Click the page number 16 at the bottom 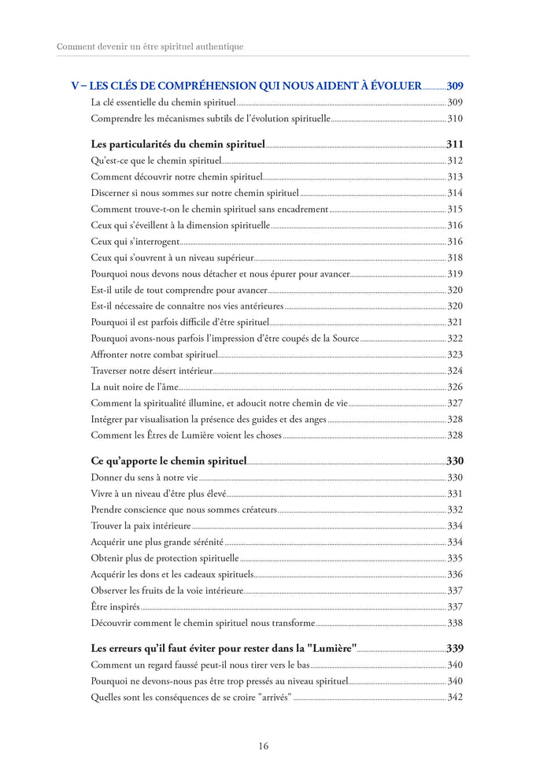point(263,746)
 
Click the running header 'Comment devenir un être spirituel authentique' point(150,46)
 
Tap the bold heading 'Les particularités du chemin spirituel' point(178,145)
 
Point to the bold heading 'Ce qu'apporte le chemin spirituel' point(168,461)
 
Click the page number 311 point(455,145)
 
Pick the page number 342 point(455,697)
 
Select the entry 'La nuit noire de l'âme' point(135,387)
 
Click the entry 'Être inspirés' point(115,606)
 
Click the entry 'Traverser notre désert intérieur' point(151,371)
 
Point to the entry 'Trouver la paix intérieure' point(141,525)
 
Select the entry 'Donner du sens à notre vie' point(144,477)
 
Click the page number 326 point(455,387)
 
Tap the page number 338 point(455,623)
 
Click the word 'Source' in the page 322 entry point(342,339)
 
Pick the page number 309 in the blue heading point(455,86)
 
